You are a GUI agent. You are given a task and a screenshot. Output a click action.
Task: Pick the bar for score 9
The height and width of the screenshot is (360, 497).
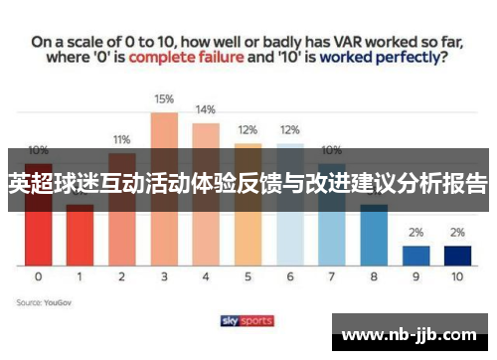416,255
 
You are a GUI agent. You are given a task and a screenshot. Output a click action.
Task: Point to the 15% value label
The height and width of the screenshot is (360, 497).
164,99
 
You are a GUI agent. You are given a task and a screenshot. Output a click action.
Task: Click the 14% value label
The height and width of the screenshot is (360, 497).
206,109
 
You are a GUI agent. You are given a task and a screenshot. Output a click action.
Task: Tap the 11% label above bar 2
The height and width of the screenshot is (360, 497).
122,140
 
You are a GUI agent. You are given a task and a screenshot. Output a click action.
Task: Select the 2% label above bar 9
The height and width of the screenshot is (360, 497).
416,233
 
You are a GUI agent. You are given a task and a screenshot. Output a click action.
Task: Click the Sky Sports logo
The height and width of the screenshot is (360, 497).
247,320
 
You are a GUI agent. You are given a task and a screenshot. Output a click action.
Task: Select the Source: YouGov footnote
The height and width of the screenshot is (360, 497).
43,299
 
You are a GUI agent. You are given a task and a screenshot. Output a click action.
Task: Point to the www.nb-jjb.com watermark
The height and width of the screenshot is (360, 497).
408,333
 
